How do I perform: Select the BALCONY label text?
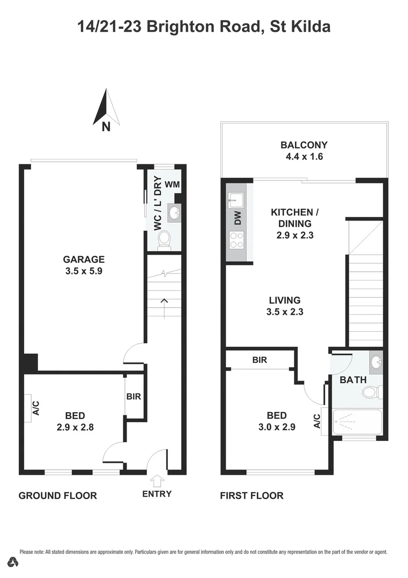[304, 144]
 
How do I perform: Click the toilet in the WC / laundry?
[164, 239]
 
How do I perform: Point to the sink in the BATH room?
[376, 363]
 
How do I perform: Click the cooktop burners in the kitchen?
[236, 241]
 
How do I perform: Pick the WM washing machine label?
[172, 185]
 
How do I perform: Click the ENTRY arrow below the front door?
[157, 481]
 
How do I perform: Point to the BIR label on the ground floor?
[133, 397]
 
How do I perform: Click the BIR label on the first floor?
[259, 360]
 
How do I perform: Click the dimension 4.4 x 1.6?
[304, 157]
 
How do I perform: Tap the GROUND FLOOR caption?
[58, 496]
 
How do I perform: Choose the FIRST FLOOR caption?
[251, 496]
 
